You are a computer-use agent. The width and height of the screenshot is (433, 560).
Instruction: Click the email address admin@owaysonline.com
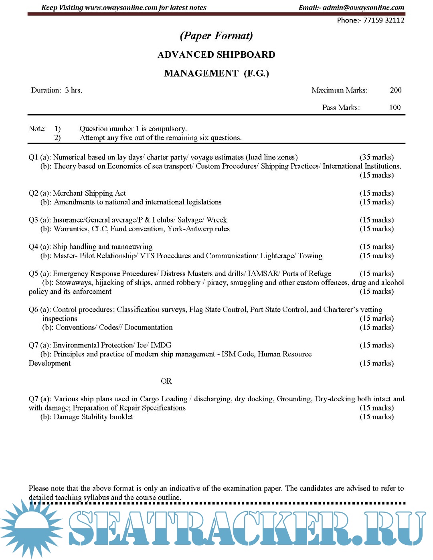click(x=363, y=8)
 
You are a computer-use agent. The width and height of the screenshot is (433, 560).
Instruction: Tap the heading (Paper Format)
click(x=216, y=36)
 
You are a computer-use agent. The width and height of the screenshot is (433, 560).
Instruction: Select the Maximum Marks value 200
click(x=395, y=90)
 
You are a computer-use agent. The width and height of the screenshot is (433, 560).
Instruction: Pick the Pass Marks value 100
click(x=395, y=107)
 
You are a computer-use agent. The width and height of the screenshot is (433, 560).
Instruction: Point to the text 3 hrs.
click(x=73, y=90)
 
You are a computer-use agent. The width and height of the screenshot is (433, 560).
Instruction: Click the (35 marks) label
click(x=376, y=157)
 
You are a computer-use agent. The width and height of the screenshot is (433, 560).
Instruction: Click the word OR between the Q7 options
click(x=166, y=381)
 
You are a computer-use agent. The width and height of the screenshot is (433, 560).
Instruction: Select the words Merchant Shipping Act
click(x=89, y=193)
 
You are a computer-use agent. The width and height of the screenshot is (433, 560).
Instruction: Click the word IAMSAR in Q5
click(x=263, y=274)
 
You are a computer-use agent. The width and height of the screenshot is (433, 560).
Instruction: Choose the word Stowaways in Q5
click(x=73, y=283)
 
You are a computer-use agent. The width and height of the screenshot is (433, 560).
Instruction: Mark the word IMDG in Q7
click(x=161, y=345)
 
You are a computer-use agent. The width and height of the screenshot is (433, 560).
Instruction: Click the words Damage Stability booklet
click(x=93, y=417)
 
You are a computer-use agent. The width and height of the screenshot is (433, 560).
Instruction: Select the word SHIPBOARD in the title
click(x=246, y=55)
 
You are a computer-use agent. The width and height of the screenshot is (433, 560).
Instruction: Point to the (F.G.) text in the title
click(x=256, y=73)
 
